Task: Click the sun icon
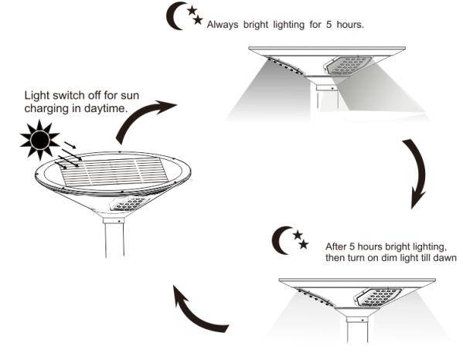point(39,140)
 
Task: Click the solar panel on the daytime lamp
point(114,172)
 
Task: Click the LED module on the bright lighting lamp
point(348,66)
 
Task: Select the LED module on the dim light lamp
point(379,297)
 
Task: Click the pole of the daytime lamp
point(114,238)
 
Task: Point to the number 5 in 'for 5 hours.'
point(329,25)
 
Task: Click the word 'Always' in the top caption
point(223,25)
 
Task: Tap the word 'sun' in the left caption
point(130,96)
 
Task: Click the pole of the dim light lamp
point(357,330)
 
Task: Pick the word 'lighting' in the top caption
point(288,25)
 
